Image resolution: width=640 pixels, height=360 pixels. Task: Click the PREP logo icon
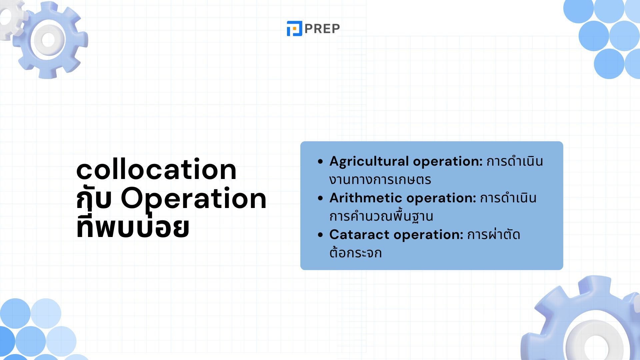pos(294,28)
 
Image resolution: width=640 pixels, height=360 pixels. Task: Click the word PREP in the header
pos(322,29)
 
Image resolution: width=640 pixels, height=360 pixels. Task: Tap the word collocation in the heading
pos(156,169)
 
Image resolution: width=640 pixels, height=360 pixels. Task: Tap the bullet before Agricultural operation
pos(320,162)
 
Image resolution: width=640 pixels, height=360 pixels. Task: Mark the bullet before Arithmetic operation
pos(320,198)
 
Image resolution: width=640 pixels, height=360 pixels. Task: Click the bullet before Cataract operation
pos(320,235)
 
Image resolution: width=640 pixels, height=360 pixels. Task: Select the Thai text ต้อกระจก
pos(355,252)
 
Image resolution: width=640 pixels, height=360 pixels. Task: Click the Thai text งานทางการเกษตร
pos(380,180)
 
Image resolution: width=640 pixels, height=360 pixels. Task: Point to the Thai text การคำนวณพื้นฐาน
pos(381,216)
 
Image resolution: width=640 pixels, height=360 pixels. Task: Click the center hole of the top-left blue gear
pos(49,40)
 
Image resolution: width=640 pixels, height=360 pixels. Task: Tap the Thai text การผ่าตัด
pos(493,234)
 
